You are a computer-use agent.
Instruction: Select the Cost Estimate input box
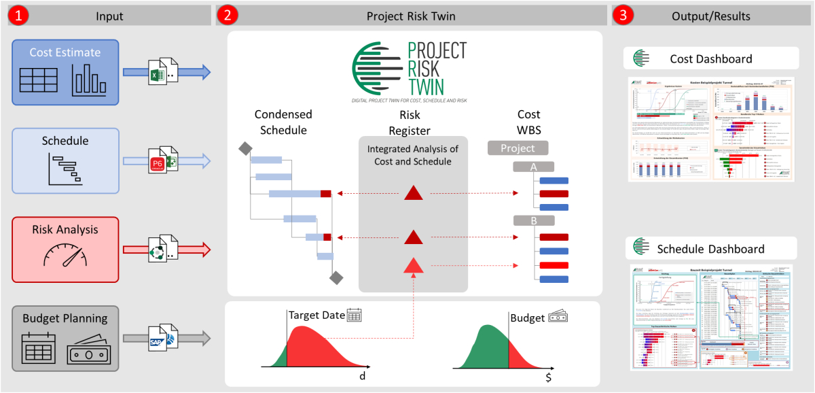click(65, 72)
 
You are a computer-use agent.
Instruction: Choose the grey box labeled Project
click(518, 148)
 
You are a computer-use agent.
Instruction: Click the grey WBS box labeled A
click(534, 167)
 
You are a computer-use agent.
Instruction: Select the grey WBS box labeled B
click(534, 220)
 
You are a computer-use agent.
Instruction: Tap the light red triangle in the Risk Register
click(414, 265)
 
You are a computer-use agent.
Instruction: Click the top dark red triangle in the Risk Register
click(414, 193)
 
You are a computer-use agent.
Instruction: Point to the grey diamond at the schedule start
click(244, 148)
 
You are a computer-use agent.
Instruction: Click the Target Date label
click(316, 315)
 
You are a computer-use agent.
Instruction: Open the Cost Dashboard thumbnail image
click(711, 129)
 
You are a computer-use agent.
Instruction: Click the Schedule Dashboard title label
click(710, 249)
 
